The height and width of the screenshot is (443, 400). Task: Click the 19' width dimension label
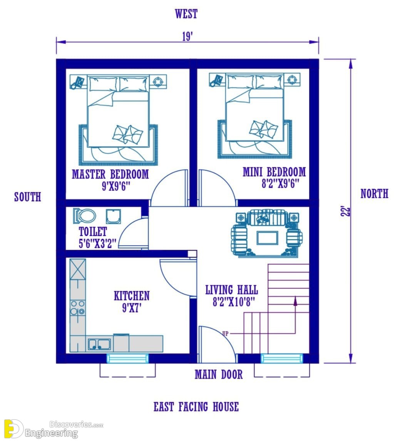(187, 37)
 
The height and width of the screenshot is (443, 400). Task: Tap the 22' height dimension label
(346, 211)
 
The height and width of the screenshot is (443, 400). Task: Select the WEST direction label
(186, 14)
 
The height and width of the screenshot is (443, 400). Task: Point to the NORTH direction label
(374, 194)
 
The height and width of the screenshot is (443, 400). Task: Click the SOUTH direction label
(28, 197)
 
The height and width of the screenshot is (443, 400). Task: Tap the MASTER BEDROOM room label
(110, 174)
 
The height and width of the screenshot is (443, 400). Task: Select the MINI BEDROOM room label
(274, 172)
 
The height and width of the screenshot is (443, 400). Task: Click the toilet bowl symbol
(84, 216)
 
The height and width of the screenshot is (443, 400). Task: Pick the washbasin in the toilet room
(114, 216)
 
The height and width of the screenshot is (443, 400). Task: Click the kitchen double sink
(99, 344)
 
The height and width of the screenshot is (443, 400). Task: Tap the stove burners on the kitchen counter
(77, 308)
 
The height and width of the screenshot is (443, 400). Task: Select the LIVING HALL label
(231, 290)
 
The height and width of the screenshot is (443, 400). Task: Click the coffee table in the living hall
(267, 238)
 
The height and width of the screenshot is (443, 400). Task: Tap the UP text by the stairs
(225, 334)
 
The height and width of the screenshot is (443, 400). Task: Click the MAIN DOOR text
(219, 375)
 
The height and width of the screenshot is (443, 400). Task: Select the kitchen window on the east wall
(127, 359)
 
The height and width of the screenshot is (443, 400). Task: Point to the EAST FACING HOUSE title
(196, 407)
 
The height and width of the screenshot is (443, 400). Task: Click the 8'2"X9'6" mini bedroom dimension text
(280, 184)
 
